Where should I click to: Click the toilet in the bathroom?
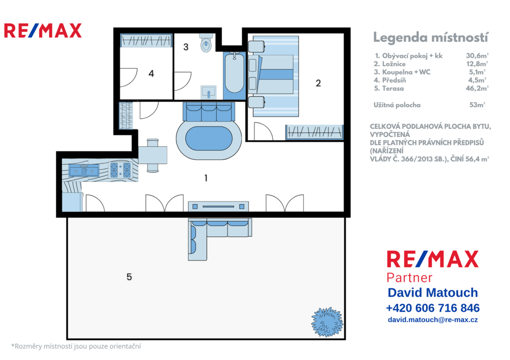point(206,43)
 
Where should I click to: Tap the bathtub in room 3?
point(234,75)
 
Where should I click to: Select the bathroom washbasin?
point(208,92)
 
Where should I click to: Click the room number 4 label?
point(151,74)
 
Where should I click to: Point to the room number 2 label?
point(318,83)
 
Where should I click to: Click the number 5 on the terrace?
point(129,277)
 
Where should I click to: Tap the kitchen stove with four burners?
point(121,170)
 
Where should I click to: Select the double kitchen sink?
point(84,170)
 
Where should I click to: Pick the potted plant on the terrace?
point(327,322)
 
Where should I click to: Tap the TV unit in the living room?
point(218,207)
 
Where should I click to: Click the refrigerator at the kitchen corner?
point(72,202)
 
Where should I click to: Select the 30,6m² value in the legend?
point(477,56)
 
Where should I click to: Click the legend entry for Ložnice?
point(389,64)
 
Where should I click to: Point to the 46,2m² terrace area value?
point(477,88)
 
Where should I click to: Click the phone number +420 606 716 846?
point(433,308)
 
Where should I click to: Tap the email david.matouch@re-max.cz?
point(433,320)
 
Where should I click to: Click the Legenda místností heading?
point(430,37)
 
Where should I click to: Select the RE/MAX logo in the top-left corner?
point(43,30)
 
